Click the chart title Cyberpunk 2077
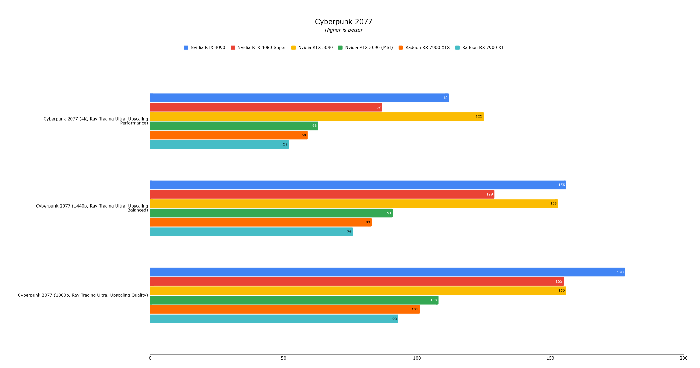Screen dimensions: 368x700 coord(344,22)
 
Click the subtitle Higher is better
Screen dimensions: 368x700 coord(344,30)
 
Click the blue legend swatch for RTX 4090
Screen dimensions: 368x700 coord(186,48)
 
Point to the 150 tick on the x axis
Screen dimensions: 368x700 coord(550,358)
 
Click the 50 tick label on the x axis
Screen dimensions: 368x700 coord(283,358)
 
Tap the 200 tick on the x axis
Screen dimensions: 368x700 coord(683,358)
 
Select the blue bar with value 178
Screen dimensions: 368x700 coord(380,272)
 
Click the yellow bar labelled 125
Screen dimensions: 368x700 coord(312,117)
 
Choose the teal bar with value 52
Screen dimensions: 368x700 coord(217,145)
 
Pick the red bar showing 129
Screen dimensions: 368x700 coord(321,194)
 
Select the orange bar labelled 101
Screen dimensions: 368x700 coord(283,310)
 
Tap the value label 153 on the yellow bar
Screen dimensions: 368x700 coord(553,203)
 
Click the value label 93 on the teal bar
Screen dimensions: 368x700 coord(395,319)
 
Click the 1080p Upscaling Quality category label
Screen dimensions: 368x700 coord(83,295)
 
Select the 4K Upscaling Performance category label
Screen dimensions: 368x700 coord(96,121)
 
